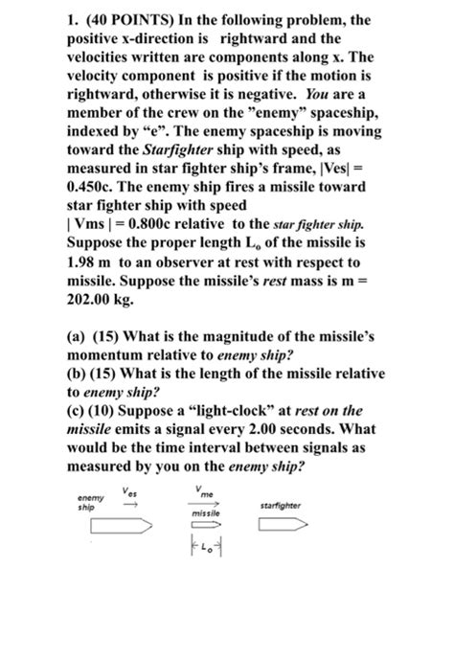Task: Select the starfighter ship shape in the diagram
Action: [x=286, y=524]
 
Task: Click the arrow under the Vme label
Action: [x=202, y=503]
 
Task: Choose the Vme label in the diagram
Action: [x=202, y=491]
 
